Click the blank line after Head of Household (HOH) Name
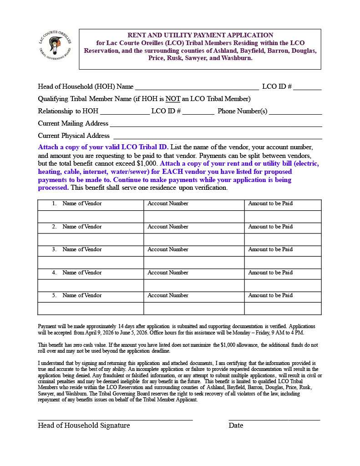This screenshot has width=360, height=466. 197,87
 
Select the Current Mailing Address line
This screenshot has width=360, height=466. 216,124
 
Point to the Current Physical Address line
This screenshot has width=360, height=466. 218,137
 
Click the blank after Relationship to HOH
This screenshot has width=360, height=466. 124,112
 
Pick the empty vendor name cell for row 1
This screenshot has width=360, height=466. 91,217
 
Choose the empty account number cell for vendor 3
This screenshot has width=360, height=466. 194,263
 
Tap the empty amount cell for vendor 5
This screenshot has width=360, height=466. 283,309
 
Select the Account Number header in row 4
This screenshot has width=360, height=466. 167,273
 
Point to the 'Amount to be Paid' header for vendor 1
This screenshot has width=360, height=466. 270,203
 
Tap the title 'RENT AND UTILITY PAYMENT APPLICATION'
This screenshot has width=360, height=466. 200,35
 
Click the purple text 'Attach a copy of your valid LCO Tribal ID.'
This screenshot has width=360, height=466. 103,147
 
